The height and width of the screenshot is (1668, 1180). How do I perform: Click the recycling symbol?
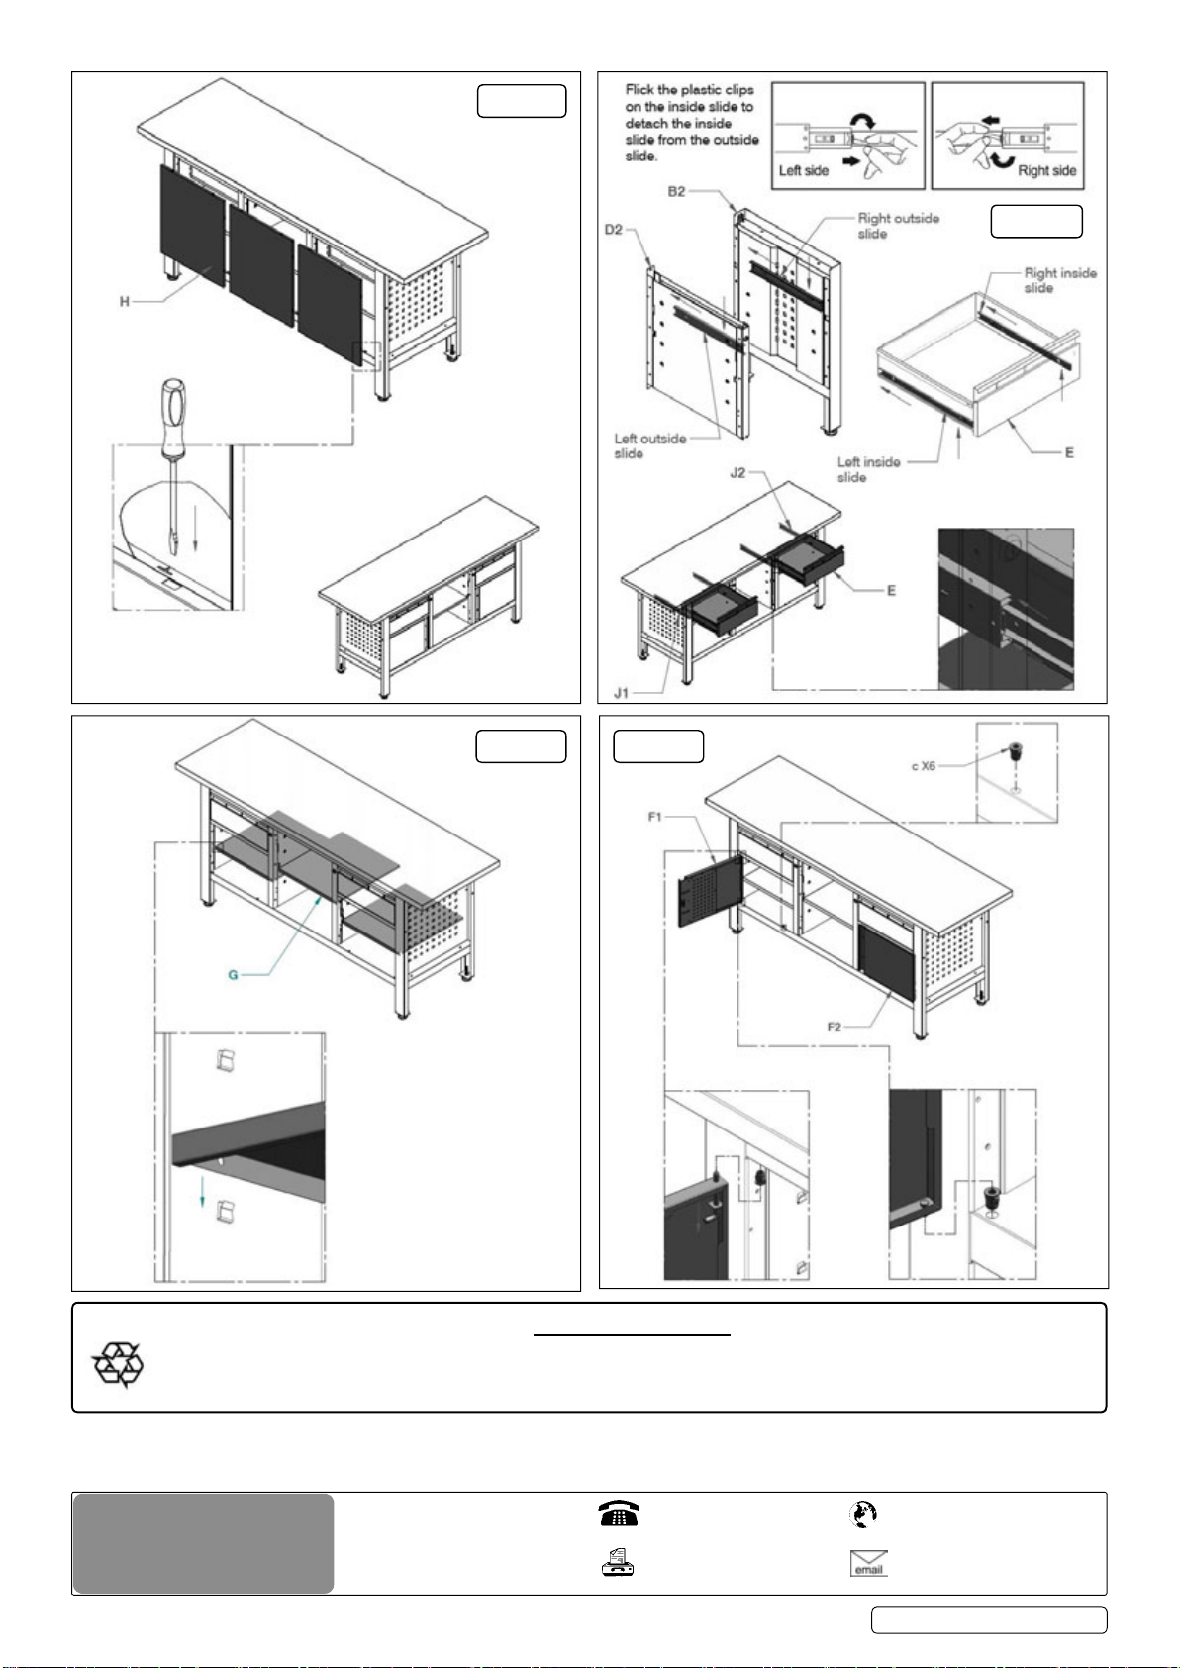118,1365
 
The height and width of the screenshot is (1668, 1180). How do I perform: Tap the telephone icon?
618,1514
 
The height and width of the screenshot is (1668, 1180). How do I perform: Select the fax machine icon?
617,1562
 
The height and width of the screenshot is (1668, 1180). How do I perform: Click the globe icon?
863,1514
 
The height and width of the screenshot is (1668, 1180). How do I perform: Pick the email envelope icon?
869,1563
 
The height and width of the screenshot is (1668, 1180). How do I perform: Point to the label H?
125,302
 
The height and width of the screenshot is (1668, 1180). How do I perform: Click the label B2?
676,191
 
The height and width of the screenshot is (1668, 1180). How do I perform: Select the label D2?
613,230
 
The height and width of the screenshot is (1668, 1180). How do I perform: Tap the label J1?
621,693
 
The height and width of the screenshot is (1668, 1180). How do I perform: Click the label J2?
737,473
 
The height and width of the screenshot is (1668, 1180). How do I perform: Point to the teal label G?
233,975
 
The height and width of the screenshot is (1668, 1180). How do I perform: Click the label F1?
654,817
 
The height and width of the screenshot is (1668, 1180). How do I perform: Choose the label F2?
834,1028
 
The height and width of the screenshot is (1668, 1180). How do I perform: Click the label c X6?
924,765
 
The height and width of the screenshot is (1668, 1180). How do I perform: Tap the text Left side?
803,170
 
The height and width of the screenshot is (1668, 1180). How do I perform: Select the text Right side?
1046,170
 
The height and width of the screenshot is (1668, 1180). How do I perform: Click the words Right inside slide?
1060,281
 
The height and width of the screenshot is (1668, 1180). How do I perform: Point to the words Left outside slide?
650,446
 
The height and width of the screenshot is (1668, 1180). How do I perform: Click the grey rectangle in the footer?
203,1543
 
